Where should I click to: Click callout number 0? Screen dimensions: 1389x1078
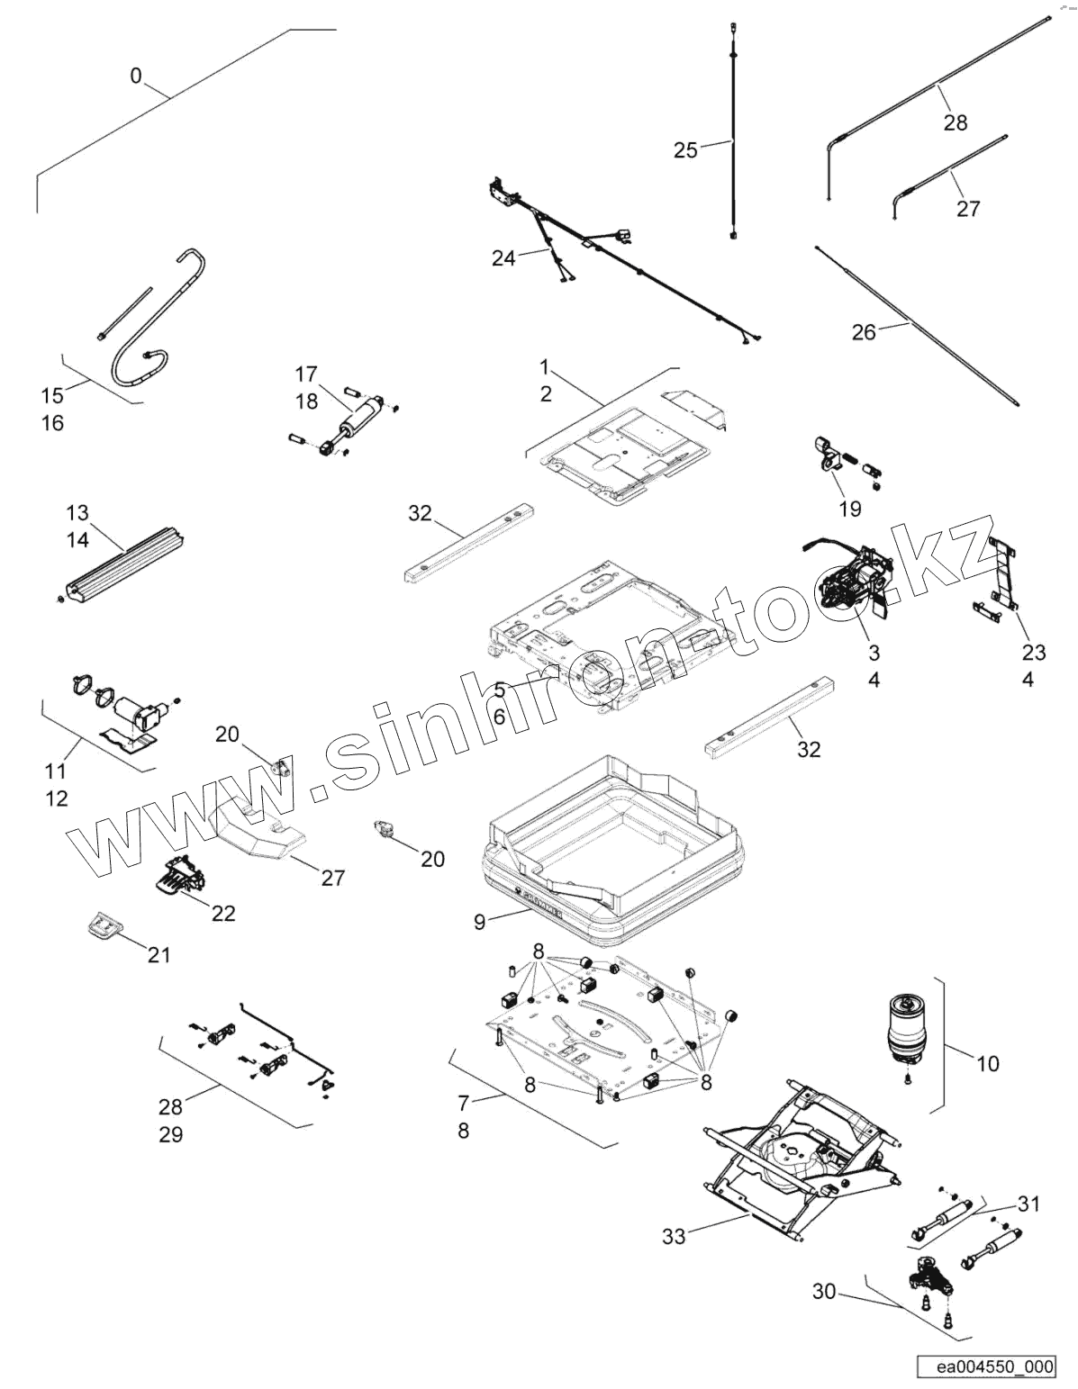135,76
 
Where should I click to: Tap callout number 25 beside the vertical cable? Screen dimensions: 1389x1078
685,150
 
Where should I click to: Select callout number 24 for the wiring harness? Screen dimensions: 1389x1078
503,258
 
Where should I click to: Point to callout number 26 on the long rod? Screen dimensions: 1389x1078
863,332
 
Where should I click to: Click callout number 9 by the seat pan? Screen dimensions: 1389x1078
479,921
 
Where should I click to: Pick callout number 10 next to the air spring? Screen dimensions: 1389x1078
987,1064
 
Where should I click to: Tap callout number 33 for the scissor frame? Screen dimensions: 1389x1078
674,1236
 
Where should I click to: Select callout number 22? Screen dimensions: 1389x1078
223,913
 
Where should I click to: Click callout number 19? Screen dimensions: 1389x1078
849,510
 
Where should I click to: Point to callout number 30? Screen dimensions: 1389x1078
824,1293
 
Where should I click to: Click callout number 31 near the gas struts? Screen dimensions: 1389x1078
1028,1204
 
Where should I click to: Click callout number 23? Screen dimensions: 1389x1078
1033,651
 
